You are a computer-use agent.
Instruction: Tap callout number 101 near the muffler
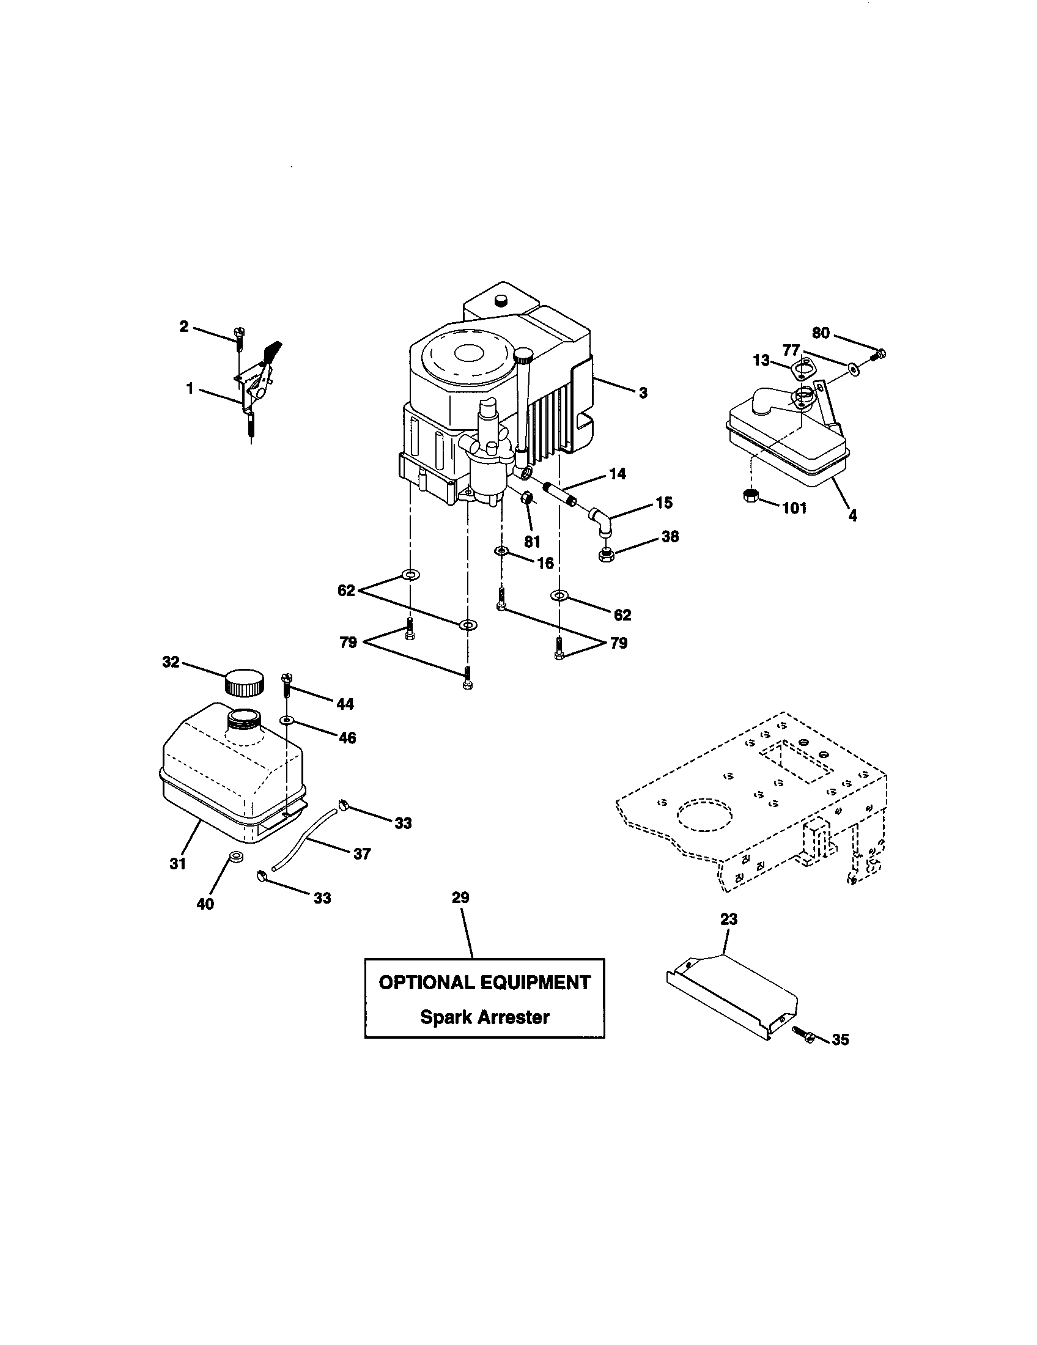click(794, 508)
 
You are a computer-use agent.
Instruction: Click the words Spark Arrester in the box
click(484, 1017)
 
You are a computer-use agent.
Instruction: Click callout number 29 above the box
click(460, 897)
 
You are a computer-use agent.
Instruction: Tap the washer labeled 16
click(501, 550)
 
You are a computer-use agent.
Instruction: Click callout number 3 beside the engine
click(643, 393)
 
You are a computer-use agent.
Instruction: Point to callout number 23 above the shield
click(728, 919)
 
